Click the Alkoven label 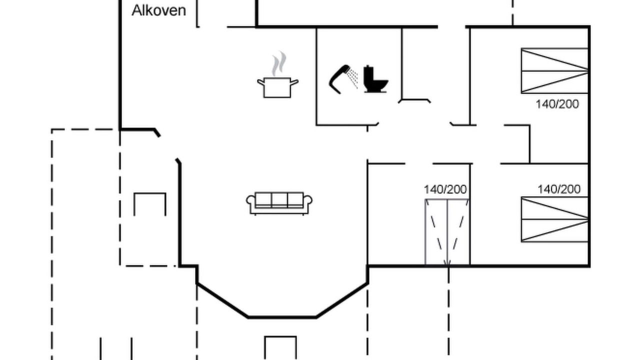click(x=159, y=10)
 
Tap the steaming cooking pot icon click(x=277, y=75)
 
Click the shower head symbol click(x=339, y=79)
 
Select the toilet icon click(x=375, y=79)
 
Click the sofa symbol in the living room click(x=279, y=203)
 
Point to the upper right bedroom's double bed click(x=554, y=71)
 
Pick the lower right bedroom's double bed click(x=554, y=219)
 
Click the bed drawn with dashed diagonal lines click(x=447, y=232)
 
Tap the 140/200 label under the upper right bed click(x=557, y=104)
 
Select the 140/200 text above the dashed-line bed click(x=445, y=189)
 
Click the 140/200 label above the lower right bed click(x=559, y=189)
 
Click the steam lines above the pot click(x=279, y=63)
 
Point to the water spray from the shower click(x=352, y=77)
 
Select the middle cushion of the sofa click(x=279, y=199)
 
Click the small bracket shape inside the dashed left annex click(x=150, y=193)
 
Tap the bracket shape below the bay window click(x=280, y=337)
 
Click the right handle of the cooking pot click(x=294, y=82)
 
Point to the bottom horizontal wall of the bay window click(x=282, y=317)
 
